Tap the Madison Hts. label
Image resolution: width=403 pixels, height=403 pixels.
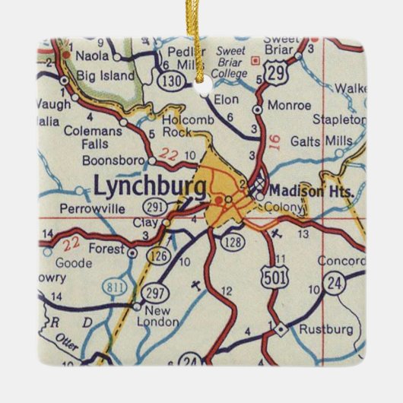[x=312, y=191]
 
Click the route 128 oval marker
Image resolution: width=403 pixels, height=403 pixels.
[x=232, y=241]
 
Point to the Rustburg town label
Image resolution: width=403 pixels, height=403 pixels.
[x=326, y=330]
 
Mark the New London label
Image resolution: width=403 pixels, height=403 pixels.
[x=160, y=316]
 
